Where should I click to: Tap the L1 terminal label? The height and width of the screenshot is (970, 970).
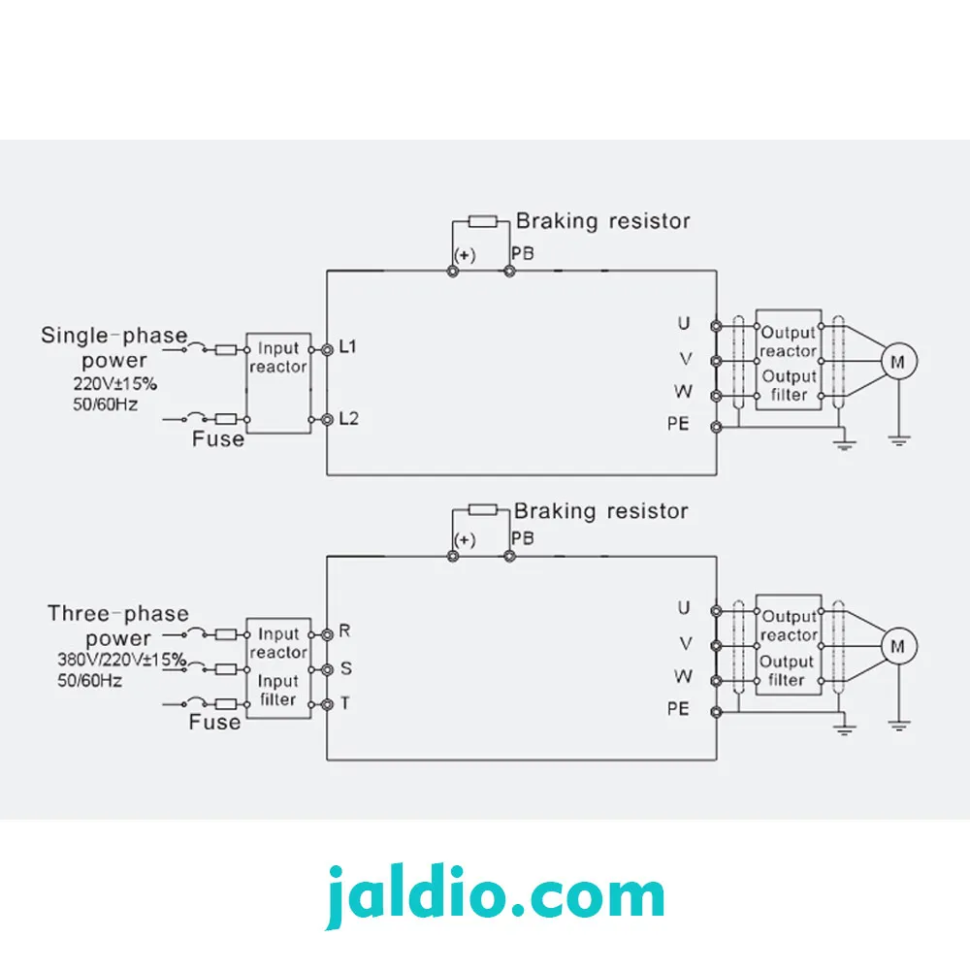pos(347,346)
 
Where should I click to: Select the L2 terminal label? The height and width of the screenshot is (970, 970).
pos(349,419)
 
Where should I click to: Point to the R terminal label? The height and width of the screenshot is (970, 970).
pos(344,630)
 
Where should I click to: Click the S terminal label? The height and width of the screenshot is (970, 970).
pos(346,668)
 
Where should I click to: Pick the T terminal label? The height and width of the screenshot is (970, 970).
pos(344,703)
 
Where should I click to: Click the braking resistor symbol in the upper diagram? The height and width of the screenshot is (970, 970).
pos(482,221)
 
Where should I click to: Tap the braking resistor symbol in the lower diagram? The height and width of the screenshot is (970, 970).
pos(482,509)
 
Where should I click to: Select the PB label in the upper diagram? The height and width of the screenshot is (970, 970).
pos(523,253)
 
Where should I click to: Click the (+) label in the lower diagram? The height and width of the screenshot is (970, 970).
pos(465,540)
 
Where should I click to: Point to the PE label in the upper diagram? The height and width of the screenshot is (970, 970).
pos(678,424)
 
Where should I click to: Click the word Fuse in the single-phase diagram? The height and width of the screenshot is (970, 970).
pos(217,439)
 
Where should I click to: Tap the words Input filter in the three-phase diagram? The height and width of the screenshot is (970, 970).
pos(277,690)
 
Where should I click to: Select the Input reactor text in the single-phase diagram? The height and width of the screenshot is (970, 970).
pos(277,358)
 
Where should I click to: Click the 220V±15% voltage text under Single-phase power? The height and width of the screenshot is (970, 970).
pos(115,384)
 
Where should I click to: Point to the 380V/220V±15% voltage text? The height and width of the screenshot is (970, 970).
pos(121,660)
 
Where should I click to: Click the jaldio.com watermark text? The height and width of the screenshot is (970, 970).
pos(495,895)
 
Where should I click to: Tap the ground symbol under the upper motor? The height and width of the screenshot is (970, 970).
pos(898,441)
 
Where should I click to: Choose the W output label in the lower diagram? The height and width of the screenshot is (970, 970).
pos(683,676)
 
